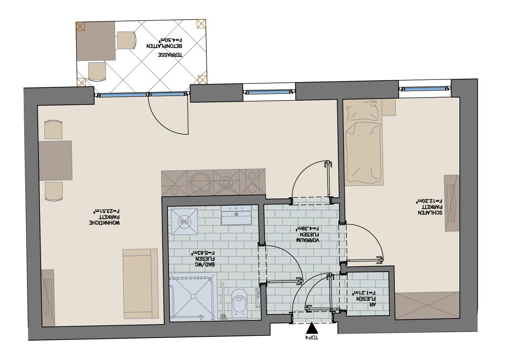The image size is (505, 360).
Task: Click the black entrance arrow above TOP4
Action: pyautogui.click(x=312, y=327)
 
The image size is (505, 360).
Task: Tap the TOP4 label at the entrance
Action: pyautogui.click(x=312, y=337)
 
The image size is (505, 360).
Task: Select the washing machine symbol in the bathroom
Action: pyautogui.click(x=183, y=221)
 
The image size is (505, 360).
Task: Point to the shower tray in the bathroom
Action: pyautogui.click(x=191, y=297)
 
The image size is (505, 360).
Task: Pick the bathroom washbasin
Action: pyautogui.click(x=236, y=216)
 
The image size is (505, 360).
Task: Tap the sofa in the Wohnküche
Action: pyautogui.click(x=140, y=283)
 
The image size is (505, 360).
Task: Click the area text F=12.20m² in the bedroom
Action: pyautogui.click(x=429, y=201)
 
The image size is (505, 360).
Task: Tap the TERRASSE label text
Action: pyautogui.click(x=170, y=55)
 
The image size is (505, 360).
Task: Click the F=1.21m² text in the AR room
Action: pyautogui.click(x=364, y=293)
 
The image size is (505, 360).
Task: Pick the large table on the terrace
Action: pyautogui.click(x=96, y=41)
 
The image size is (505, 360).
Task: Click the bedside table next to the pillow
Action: pyautogui.click(x=388, y=107)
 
